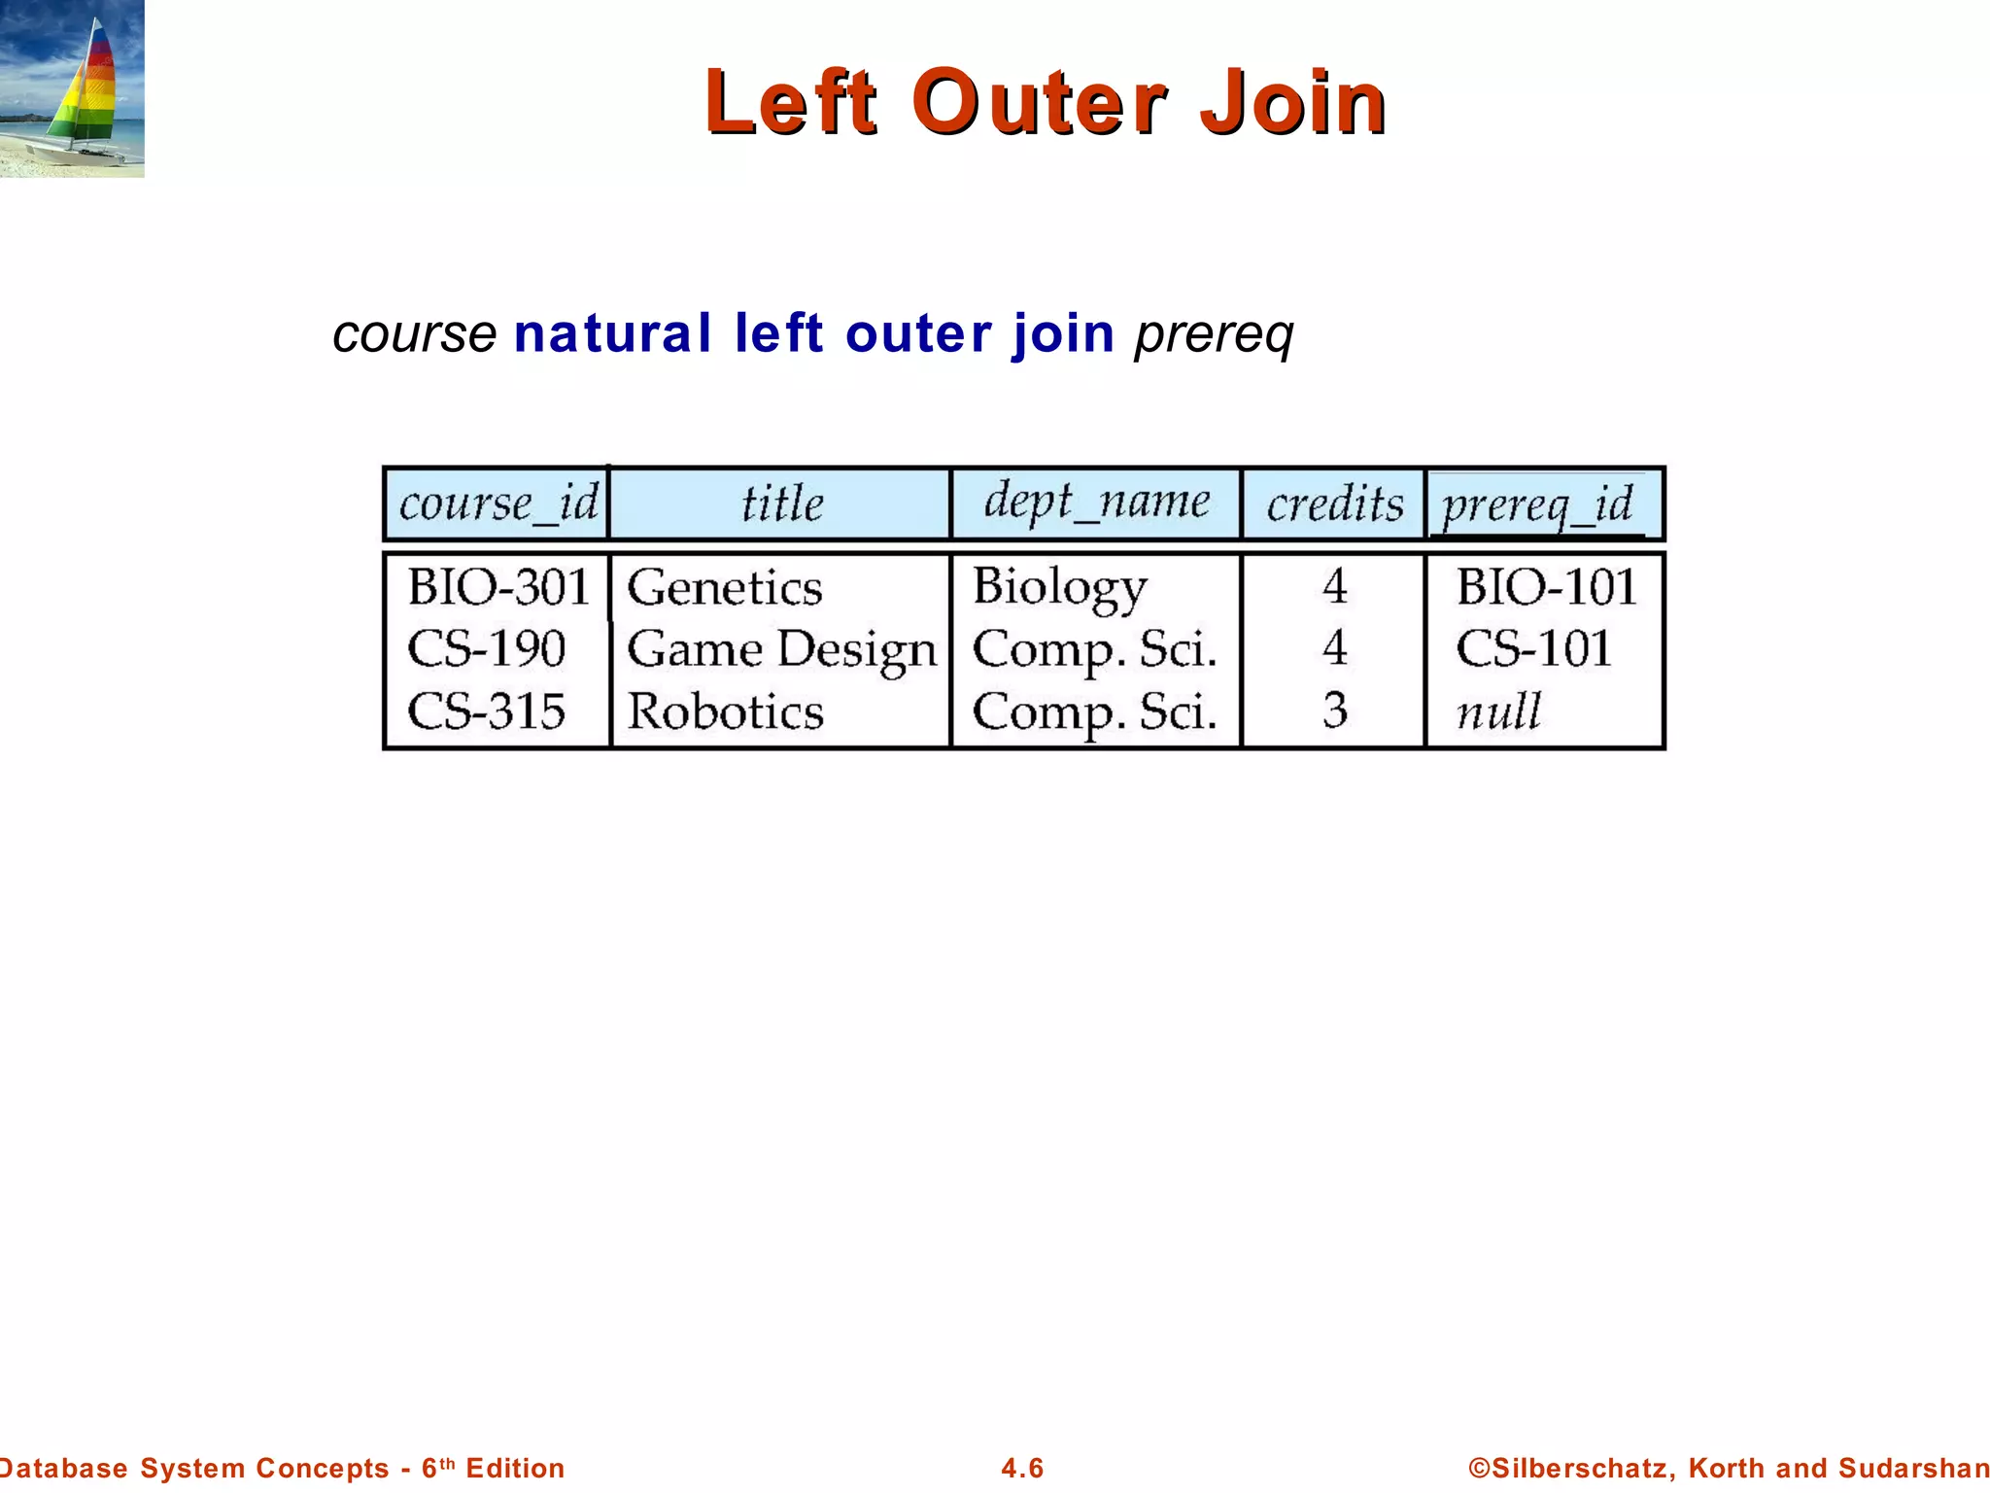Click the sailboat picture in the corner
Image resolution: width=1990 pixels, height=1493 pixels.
pos(72,88)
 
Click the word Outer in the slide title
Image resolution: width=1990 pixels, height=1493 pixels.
pos(1039,102)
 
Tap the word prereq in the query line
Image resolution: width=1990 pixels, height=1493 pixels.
pos(1214,335)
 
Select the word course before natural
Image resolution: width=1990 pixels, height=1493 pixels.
pos(415,335)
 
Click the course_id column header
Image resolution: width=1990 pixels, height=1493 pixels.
pos(497,503)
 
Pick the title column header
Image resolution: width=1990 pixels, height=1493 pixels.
pos(781,503)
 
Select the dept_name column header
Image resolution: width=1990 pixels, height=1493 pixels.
pos(1096,502)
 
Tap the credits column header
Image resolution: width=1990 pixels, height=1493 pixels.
pos(1334,503)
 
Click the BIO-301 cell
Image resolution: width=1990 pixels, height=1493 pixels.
pos(498,587)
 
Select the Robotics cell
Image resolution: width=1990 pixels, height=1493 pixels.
pos(725,712)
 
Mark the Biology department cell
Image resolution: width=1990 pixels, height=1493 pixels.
pos(1059,587)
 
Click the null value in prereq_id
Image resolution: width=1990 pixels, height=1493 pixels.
pos(1498,712)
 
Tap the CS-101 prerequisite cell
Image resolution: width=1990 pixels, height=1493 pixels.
pos(1533,648)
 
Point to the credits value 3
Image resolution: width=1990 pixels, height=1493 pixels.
pos(1335,711)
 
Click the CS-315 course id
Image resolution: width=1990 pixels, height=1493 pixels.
pos(486,712)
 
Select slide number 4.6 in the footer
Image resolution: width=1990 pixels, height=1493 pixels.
pos(1022,1468)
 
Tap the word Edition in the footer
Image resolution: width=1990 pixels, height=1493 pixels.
pos(515,1468)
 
